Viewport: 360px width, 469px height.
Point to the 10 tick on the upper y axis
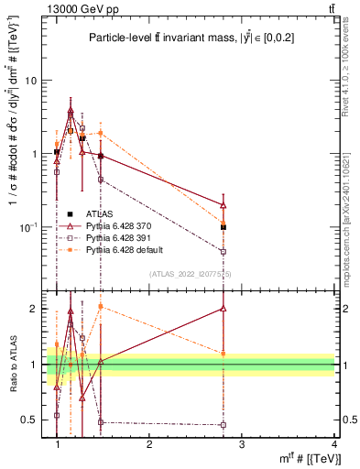30,81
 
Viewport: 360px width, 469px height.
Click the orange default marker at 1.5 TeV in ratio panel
101,307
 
